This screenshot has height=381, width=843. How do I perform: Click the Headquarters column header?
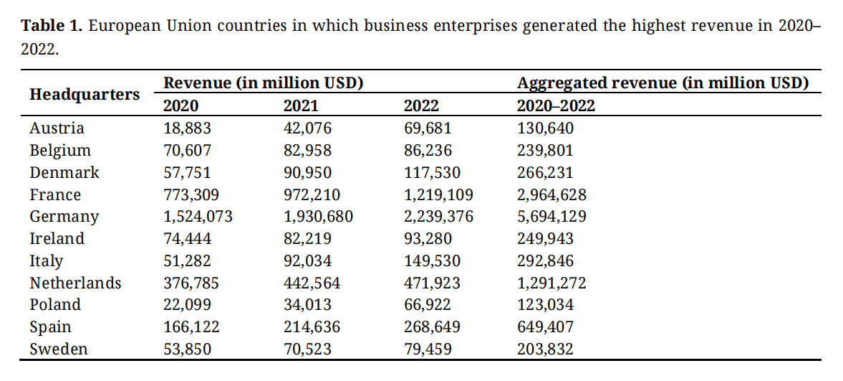(85, 95)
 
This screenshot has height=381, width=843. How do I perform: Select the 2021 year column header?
(301, 106)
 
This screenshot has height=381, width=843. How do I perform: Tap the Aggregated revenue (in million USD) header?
(663, 83)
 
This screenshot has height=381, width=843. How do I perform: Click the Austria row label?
(57, 128)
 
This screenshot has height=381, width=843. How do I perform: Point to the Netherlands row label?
(75, 283)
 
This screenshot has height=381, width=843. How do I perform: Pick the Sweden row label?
(59, 349)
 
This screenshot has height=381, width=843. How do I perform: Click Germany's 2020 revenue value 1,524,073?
(198, 217)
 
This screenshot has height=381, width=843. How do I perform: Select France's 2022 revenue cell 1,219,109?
(438, 195)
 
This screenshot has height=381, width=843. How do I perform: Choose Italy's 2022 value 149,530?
(432, 261)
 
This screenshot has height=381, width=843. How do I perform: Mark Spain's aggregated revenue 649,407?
(545, 327)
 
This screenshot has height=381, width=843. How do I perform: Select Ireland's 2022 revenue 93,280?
(428, 239)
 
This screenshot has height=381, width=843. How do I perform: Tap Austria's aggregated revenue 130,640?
(545, 128)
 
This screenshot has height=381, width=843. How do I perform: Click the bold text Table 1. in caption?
(53, 27)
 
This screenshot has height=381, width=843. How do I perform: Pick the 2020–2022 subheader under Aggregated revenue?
(556, 106)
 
